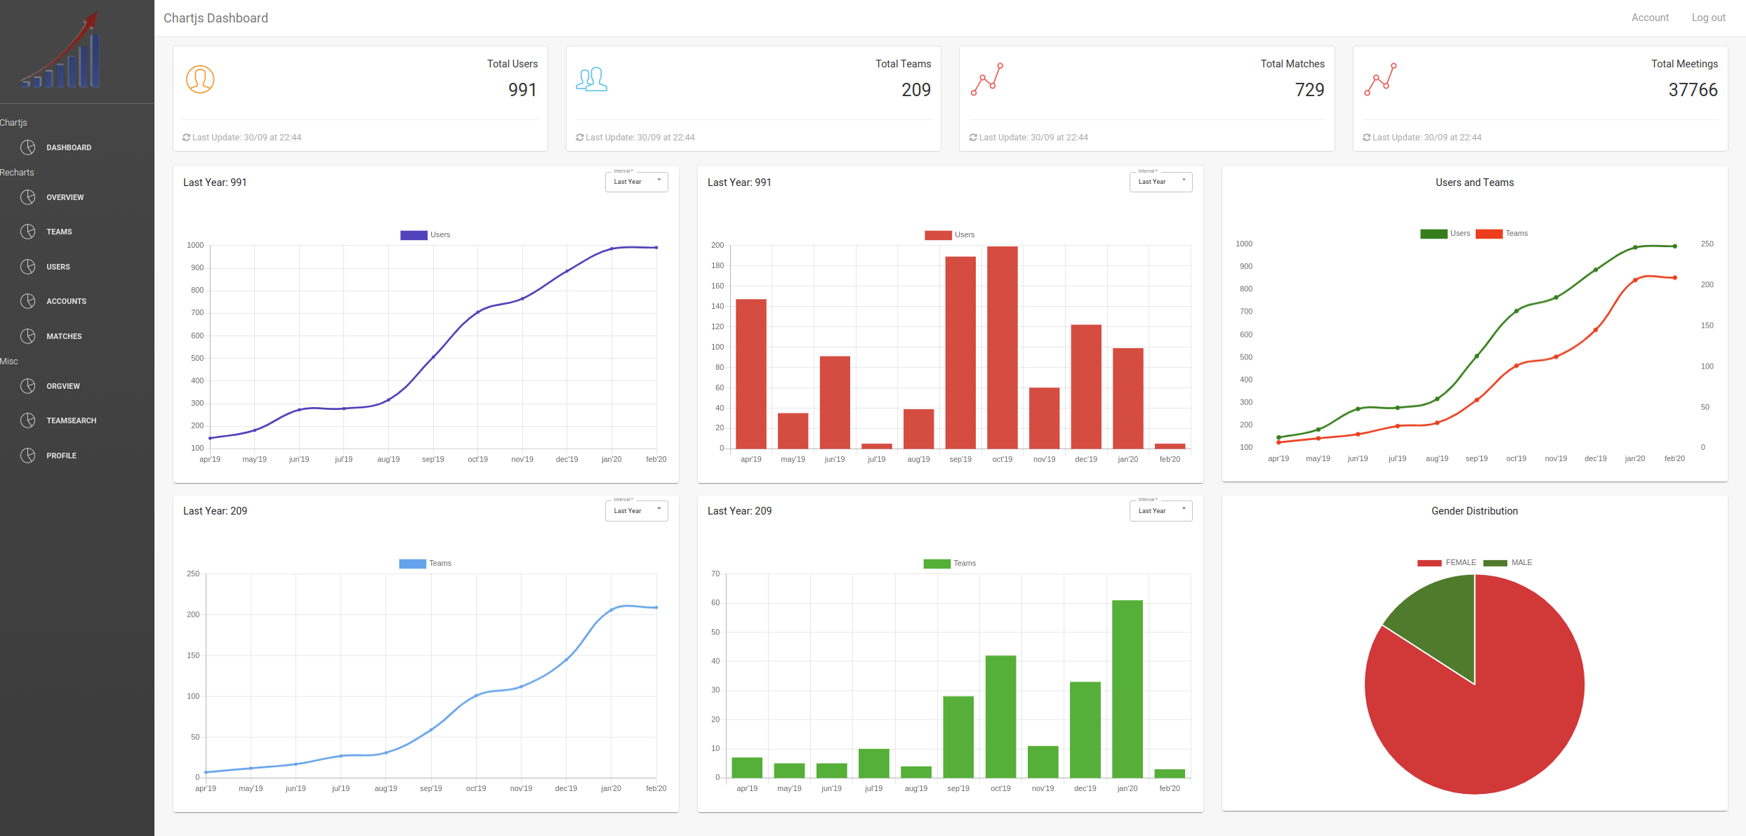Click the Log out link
[1707, 18]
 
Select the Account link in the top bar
[1649, 18]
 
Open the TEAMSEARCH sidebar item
[71, 420]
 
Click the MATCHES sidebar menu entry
[64, 336]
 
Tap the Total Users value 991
[522, 90]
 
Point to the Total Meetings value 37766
[1692, 90]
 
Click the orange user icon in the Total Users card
[200, 79]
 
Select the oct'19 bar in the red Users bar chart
[1002, 347]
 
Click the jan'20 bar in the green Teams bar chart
[1127, 688]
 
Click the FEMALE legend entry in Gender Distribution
[1446, 563]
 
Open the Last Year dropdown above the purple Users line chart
[636, 182]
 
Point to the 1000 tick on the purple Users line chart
[195, 245]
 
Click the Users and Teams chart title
[1474, 183]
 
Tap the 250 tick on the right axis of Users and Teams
[1707, 244]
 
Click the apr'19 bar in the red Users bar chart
[750, 373]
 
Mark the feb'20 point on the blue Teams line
[656, 608]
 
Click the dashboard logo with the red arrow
[62, 51]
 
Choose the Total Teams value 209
[915, 90]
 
